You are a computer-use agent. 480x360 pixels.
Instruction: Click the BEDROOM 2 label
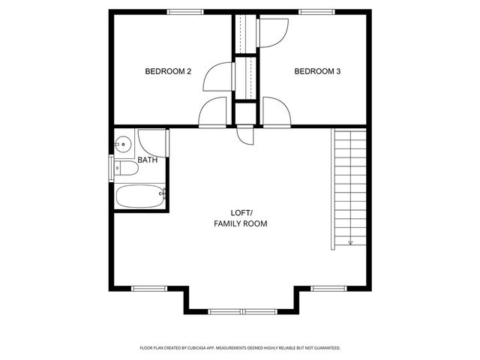point(168,71)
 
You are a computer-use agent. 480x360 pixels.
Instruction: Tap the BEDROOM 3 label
point(317,71)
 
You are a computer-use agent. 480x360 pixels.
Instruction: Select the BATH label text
point(148,160)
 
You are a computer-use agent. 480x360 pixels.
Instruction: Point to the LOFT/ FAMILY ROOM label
point(240,218)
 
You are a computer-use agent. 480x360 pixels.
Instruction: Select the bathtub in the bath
point(139,196)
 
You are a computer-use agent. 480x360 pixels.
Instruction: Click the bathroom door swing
point(151,142)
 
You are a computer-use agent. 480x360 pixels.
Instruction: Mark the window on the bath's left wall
point(112,166)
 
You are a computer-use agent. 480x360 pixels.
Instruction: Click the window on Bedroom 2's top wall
point(185,11)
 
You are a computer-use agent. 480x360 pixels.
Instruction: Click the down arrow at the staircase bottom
point(350,242)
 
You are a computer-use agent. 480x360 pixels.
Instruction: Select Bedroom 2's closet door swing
point(218,75)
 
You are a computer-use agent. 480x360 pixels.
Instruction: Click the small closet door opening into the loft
point(245,135)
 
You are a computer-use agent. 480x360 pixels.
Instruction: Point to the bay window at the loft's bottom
point(242,310)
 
